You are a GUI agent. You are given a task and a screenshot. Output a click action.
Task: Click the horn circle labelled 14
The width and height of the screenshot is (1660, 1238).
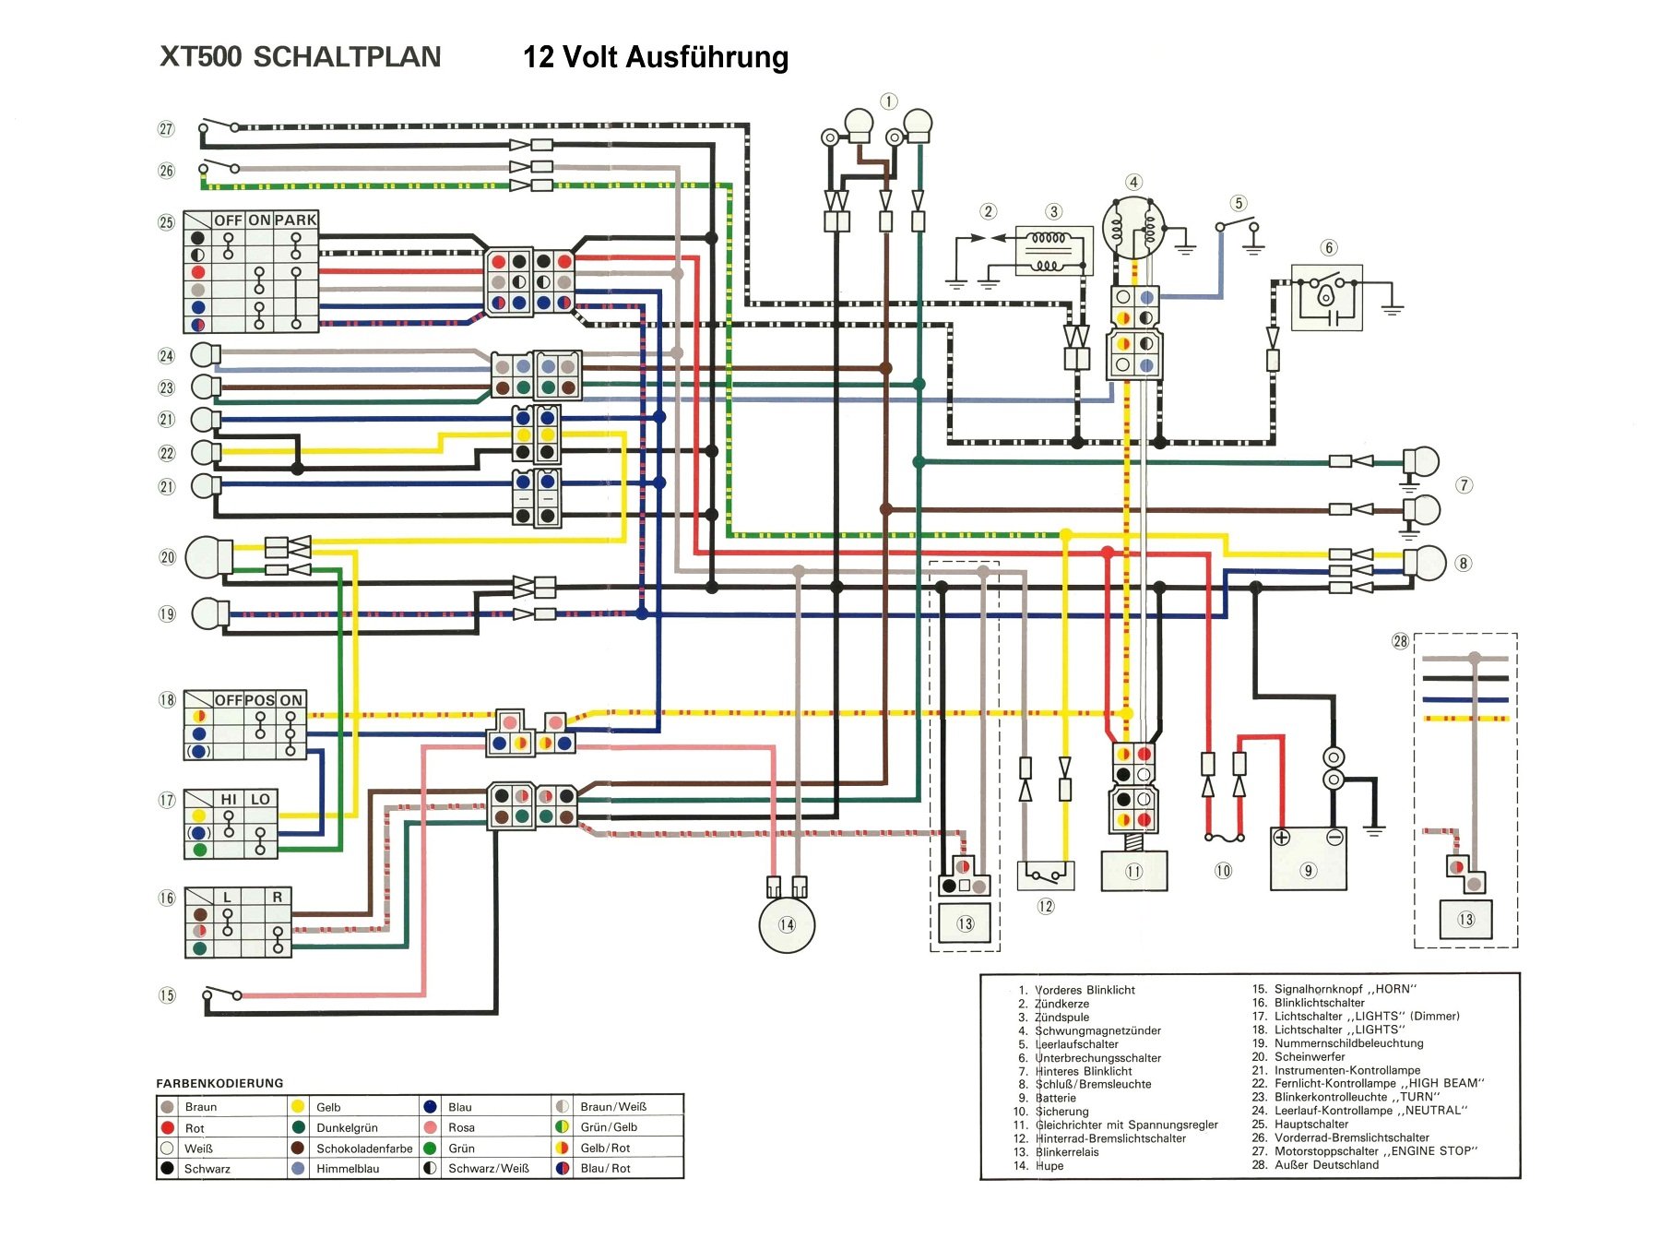click(x=787, y=925)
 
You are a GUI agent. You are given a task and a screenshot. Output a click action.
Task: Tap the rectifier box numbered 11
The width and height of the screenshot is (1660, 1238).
click(x=1133, y=871)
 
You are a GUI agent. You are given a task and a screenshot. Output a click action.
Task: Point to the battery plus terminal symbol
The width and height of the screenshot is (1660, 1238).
click(x=1281, y=838)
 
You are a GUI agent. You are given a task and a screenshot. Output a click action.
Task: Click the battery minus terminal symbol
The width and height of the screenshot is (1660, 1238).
click(x=1334, y=838)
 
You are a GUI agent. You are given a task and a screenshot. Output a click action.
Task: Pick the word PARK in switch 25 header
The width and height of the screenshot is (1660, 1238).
click(x=295, y=220)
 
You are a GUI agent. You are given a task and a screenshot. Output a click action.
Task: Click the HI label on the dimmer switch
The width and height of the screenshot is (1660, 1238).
click(x=228, y=799)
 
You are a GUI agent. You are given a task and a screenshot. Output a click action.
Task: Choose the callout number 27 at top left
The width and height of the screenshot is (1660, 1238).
click(x=166, y=129)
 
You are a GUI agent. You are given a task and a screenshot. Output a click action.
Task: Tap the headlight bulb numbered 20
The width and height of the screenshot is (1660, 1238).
click(x=208, y=557)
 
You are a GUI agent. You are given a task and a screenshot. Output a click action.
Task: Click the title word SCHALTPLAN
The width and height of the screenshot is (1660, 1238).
click(x=347, y=57)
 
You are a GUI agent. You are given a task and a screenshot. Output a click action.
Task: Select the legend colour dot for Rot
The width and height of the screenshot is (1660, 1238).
click(x=168, y=1127)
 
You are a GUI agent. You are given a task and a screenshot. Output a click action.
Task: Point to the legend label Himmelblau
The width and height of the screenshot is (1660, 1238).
click(x=348, y=1169)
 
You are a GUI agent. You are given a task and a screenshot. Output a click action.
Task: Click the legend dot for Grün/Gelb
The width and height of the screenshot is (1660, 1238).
click(x=562, y=1126)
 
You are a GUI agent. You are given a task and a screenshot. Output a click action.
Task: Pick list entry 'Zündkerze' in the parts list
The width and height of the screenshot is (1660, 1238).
click(x=1061, y=1004)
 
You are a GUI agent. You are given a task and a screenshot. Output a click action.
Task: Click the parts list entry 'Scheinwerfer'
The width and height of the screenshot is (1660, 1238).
click(x=1310, y=1056)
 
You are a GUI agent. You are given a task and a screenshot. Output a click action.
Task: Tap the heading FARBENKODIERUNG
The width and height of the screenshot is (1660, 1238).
click(x=219, y=1083)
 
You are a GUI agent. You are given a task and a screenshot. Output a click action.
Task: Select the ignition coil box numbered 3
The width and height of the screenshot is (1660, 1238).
click(x=1053, y=251)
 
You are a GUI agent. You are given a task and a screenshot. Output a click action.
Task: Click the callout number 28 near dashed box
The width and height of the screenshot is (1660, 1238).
click(x=1400, y=641)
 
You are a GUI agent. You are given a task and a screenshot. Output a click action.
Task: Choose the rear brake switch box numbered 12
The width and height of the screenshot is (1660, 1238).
click(x=1045, y=875)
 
